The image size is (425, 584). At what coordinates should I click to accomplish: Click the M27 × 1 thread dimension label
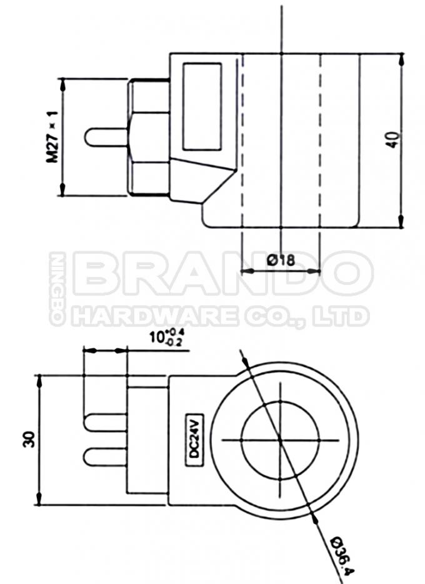52,137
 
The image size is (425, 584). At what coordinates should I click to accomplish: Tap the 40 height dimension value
392,139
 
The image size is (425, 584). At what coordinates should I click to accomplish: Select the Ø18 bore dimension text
281,259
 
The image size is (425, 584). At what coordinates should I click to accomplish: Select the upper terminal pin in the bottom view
105,423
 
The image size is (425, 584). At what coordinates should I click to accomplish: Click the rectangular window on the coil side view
201,106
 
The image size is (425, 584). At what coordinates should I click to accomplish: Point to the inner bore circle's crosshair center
280,440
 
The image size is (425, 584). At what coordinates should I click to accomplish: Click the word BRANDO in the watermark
222,274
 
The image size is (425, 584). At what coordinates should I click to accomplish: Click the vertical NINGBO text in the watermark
57,289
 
